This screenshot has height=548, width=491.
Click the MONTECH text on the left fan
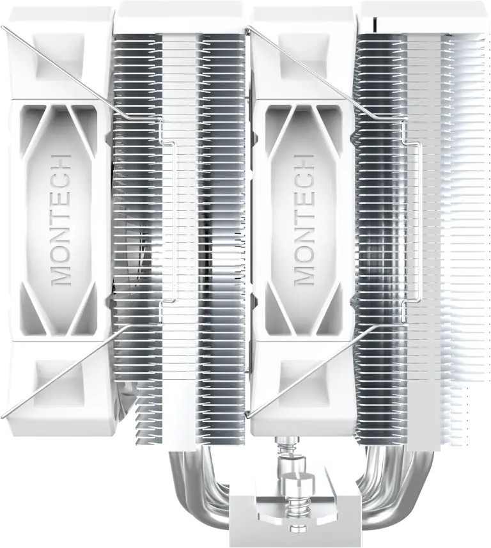(x=62, y=221)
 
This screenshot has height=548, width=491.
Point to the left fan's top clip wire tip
(x=2, y=27)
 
